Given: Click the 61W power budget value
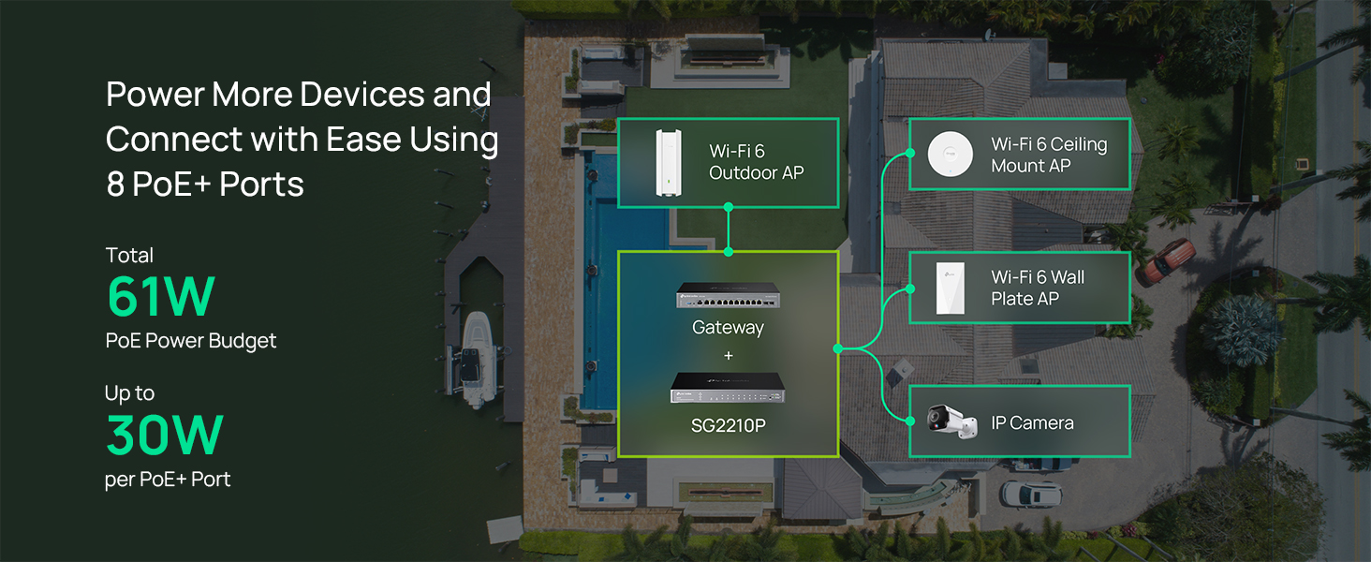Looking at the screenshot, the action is click(x=161, y=296).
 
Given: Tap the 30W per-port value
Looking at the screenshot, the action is click(x=165, y=435).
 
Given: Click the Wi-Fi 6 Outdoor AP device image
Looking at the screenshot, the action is click(x=669, y=163).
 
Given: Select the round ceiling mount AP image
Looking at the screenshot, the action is click(x=950, y=154).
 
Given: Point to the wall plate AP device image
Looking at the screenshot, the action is click(x=951, y=288).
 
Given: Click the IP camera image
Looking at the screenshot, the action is click(x=951, y=421).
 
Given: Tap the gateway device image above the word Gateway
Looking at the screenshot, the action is click(x=728, y=296).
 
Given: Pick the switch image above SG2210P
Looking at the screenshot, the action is click(x=728, y=388).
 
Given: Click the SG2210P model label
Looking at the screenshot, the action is click(x=729, y=425).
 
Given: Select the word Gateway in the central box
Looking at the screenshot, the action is click(x=728, y=328).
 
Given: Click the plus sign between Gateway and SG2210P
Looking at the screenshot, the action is click(x=729, y=355).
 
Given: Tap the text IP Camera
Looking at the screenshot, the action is click(x=1033, y=423).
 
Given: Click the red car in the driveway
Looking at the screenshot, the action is click(x=1169, y=260).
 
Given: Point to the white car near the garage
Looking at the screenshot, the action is click(x=1031, y=494).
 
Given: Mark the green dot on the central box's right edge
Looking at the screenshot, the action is click(x=838, y=349).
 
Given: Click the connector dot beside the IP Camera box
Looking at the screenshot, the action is click(x=910, y=421).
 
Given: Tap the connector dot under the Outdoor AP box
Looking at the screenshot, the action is click(x=729, y=208).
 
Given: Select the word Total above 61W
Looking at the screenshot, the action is click(x=129, y=256).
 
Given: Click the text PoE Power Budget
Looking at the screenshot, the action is click(x=191, y=341).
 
